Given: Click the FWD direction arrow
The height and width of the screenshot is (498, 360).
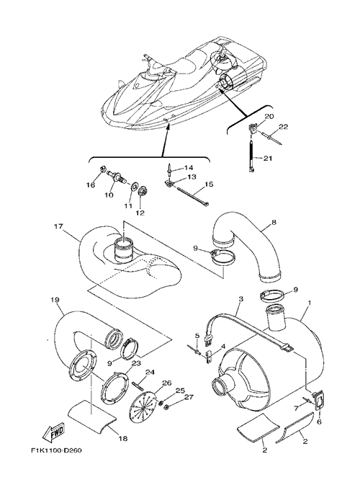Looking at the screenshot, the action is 54,433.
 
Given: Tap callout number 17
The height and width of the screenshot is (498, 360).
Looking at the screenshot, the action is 58,226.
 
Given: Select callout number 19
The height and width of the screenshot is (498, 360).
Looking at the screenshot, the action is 55,300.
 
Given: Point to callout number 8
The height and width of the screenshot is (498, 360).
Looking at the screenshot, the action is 274,222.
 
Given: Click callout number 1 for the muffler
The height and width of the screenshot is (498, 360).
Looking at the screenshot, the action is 310,303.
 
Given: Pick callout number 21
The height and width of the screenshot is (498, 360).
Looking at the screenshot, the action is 268,158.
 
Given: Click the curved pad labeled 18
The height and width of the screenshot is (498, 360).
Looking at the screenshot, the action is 92,415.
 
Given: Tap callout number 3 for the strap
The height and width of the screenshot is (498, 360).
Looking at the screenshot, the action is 241,299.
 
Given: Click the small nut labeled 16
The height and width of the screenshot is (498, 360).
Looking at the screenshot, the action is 102,170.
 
